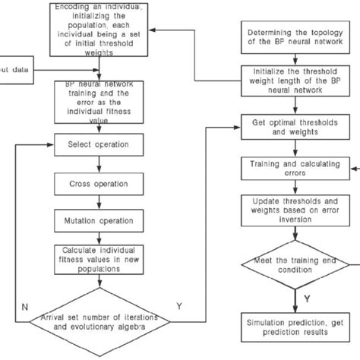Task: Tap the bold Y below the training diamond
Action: click(306, 300)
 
